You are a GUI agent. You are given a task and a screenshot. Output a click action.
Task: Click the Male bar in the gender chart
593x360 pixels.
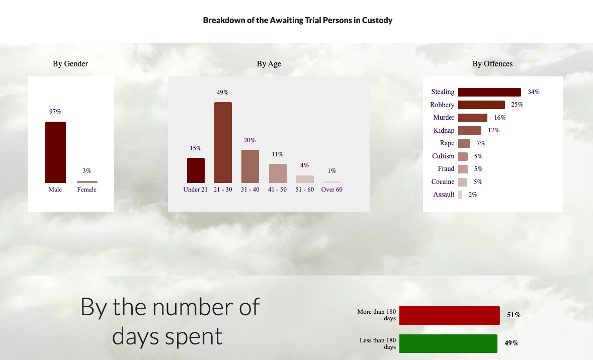[x=56, y=152]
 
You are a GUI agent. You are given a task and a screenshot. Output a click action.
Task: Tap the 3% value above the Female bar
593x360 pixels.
[x=87, y=171]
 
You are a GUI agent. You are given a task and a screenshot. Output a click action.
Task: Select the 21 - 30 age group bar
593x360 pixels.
[x=223, y=143]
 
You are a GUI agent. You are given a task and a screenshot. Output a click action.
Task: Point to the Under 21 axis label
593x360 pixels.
[x=196, y=190]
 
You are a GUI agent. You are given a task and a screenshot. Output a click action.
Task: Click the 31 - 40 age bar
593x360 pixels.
[x=250, y=166]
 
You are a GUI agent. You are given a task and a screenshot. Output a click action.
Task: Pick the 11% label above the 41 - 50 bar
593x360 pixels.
[x=278, y=154]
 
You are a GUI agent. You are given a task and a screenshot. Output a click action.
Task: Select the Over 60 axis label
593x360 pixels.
[x=331, y=190]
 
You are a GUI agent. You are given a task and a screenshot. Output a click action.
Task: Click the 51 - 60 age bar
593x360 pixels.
[x=305, y=179]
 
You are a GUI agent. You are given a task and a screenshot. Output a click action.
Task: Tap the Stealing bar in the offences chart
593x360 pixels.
[x=489, y=93]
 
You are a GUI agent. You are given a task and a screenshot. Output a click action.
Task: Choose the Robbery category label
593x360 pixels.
[x=442, y=105]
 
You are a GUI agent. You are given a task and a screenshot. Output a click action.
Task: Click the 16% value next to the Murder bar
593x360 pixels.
[x=499, y=118]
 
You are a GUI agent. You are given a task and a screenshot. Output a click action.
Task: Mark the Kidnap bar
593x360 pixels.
[x=470, y=130]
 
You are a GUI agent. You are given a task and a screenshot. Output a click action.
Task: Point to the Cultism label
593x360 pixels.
[x=443, y=156]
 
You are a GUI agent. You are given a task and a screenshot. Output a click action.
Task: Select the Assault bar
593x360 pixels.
[x=460, y=195]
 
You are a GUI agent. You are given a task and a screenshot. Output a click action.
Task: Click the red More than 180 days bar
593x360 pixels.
[x=450, y=315]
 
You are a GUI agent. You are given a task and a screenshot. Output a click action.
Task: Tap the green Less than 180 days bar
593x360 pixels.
[x=448, y=344]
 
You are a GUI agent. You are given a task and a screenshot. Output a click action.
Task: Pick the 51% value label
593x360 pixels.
[x=514, y=315]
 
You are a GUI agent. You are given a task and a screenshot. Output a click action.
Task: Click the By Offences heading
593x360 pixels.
[x=492, y=64]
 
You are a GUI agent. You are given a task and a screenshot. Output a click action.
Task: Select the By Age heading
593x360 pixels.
[x=269, y=64]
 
